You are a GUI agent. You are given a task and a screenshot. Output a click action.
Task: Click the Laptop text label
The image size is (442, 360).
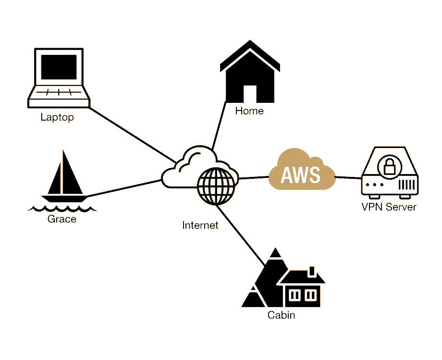(57, 117)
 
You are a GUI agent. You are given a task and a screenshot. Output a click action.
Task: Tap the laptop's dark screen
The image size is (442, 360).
(59, 67)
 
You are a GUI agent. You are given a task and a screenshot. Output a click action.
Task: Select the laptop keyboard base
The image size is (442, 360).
(59, 95)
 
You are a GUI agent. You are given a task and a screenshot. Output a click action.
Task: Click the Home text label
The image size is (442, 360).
(249, 112)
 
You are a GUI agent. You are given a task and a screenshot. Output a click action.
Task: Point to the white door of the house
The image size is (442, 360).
(250, 94)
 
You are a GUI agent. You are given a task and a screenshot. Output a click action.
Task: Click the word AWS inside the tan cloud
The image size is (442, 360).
(301, 174)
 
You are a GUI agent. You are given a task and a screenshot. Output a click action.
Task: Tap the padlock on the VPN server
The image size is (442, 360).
(388, 166)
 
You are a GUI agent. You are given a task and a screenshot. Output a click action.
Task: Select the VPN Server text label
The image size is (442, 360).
(389, 207)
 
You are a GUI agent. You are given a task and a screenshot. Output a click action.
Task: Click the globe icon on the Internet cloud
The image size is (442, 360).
(217, 185)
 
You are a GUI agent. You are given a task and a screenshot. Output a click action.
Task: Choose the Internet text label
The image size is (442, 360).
(200, 225)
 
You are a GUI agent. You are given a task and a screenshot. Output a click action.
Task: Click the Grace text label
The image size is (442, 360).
(62, 220)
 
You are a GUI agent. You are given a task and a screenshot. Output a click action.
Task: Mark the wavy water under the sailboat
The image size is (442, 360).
(62, 209)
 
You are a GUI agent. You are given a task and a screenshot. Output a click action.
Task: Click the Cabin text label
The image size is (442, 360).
(281, 316)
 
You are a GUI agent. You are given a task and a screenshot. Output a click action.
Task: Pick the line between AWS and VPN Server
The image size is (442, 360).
(348, 177)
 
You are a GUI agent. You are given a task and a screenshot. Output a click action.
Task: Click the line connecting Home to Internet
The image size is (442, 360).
(219, 126)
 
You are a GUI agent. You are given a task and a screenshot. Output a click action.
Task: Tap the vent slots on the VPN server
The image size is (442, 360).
(406, 184)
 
